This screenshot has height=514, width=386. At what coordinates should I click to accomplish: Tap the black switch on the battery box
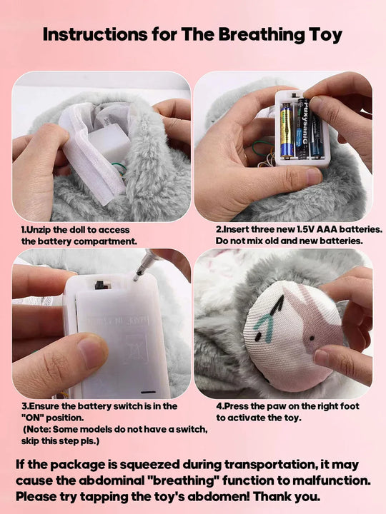(x=102, y=286)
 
